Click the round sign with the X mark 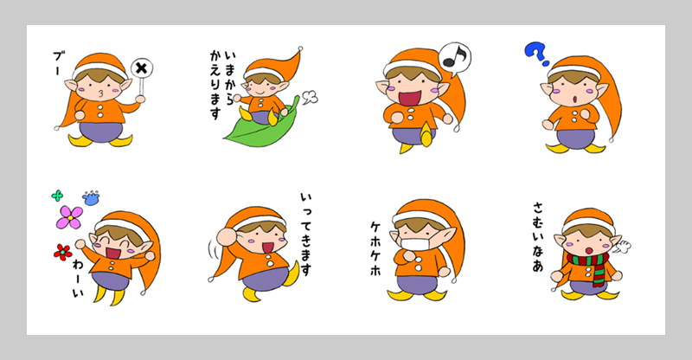click(143, 68)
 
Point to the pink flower click(68, 217)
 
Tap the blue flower click(90, 197)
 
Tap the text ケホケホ click(375, 247)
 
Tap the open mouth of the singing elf click(407, 95)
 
